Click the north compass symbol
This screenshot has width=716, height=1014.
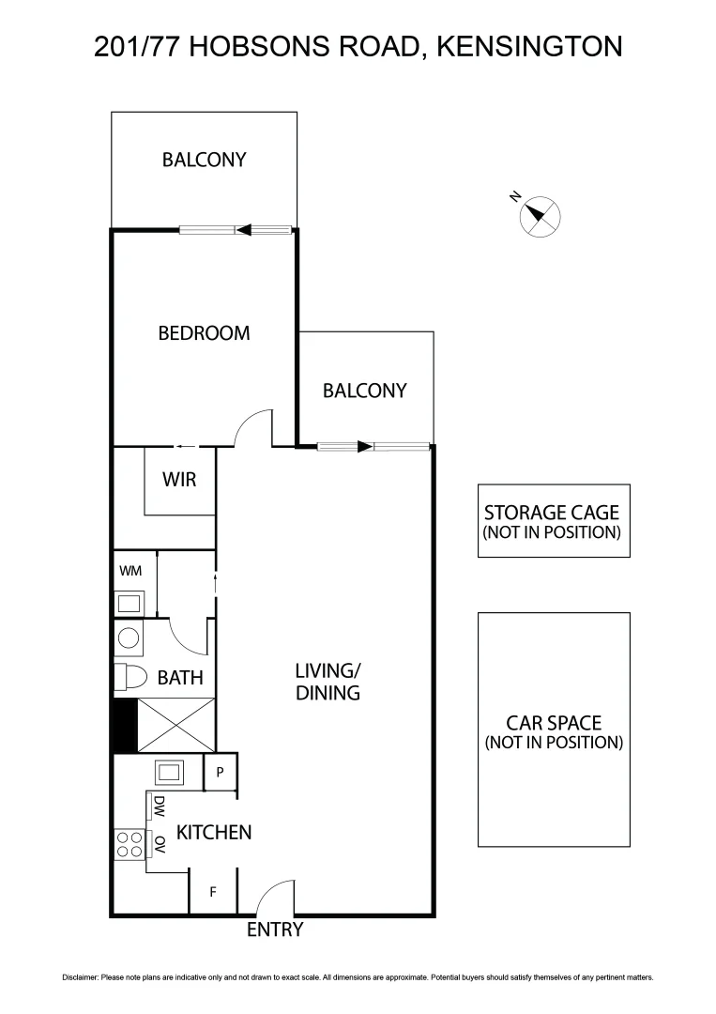pyautogui.click(x=539, y=216)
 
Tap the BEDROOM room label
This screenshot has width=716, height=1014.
pyautogui.click(x=204, y=332)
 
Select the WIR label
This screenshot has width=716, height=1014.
pyautogui.click(x=179, y=480)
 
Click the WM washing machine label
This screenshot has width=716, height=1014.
pyautogui.click(x=129, y=570)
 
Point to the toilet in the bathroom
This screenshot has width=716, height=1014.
pyautogui.click(x=129, y=677)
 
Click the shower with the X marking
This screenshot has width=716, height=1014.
pyautogui.click(x=178, y=727)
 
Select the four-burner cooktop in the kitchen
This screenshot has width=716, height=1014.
pyautogui.click(x=129, y=844)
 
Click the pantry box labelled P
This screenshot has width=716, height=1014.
pyautogui.click(x=221, y=773)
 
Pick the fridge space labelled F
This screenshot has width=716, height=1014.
pyautogui.click(x=213, y=892)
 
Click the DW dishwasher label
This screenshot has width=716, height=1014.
pyautogui.click(x=160, y=806)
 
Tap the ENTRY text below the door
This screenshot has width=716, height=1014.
pyautogui.click(x=275, y=930)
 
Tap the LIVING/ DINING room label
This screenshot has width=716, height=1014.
pyautogui.click(x=328, y=682)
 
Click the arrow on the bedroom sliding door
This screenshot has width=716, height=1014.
pyautogui.click(x=245, y=229)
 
